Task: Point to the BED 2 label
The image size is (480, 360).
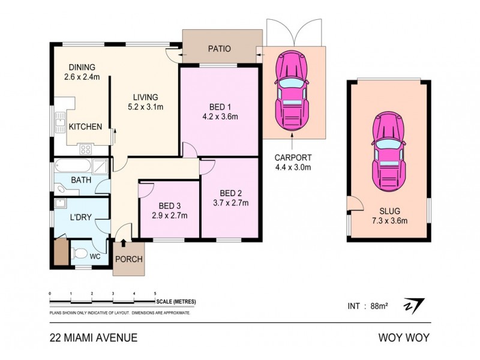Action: pos(231,193)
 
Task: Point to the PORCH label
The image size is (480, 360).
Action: pos(128,260)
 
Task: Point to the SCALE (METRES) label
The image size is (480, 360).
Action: pos(176,302)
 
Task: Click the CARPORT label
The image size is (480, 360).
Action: pos(293,158)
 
